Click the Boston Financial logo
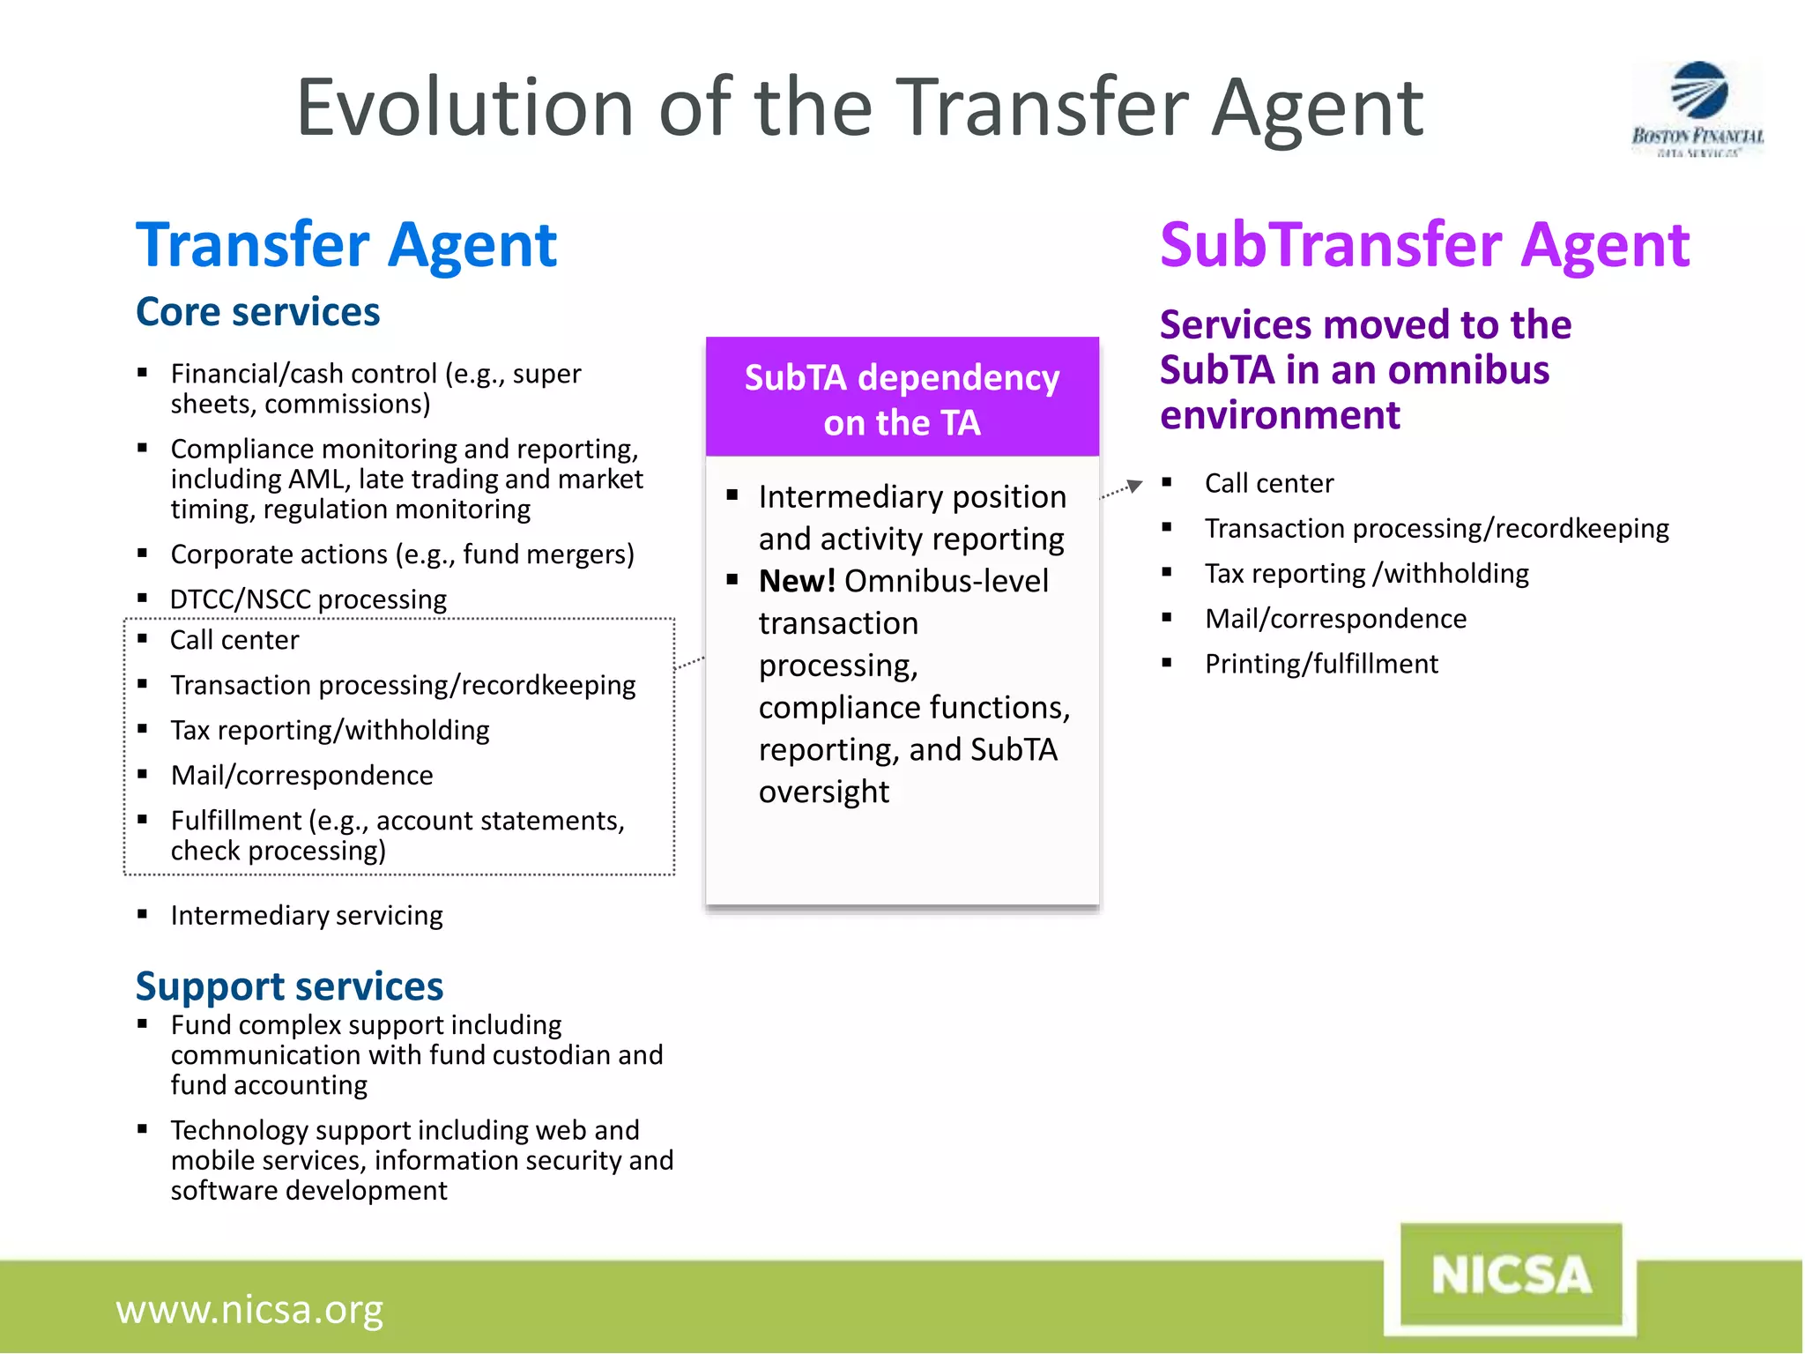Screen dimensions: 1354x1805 pos(1697,108)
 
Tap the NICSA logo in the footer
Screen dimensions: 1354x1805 pos(1512,1276)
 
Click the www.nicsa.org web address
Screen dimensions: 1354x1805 pos(249,1309)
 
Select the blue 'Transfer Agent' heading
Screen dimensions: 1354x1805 pos(346,244)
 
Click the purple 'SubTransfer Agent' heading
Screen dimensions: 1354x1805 pos(1424,244)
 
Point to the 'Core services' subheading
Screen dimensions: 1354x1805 pos(257,312)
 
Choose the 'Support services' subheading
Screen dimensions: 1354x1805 pos(289,986)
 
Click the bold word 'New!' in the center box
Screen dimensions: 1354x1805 pos(797,581)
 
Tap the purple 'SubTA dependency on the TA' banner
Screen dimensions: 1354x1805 pos(902,398)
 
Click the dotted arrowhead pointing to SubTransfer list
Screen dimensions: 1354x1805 pos(1135,485)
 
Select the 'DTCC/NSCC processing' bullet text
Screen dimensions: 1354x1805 pos(308,599)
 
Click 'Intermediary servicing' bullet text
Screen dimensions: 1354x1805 pos(307,915)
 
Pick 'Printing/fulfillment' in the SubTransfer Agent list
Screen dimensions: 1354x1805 pos(1321,664)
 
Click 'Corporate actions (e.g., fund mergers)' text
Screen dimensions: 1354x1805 pos(402,554)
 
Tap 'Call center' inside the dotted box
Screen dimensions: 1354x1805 pos(234,640)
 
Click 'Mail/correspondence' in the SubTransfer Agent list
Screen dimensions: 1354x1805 pos(1335,619)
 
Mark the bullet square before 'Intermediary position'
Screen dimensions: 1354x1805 pos(732,495)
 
